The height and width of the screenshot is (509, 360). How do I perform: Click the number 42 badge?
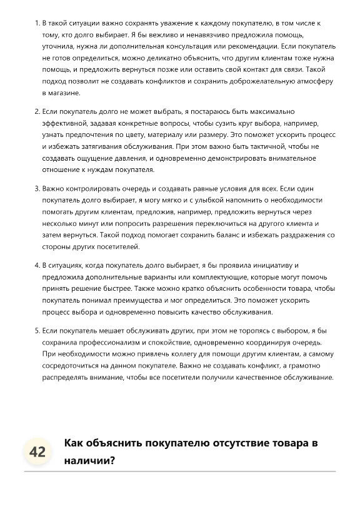(37, 452)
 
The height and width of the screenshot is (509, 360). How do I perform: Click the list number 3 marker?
(36, 188)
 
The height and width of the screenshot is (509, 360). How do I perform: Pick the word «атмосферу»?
(312, 81)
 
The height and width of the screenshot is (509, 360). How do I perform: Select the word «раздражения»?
(298, 235)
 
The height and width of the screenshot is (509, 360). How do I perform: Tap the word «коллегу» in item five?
(179, 353)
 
